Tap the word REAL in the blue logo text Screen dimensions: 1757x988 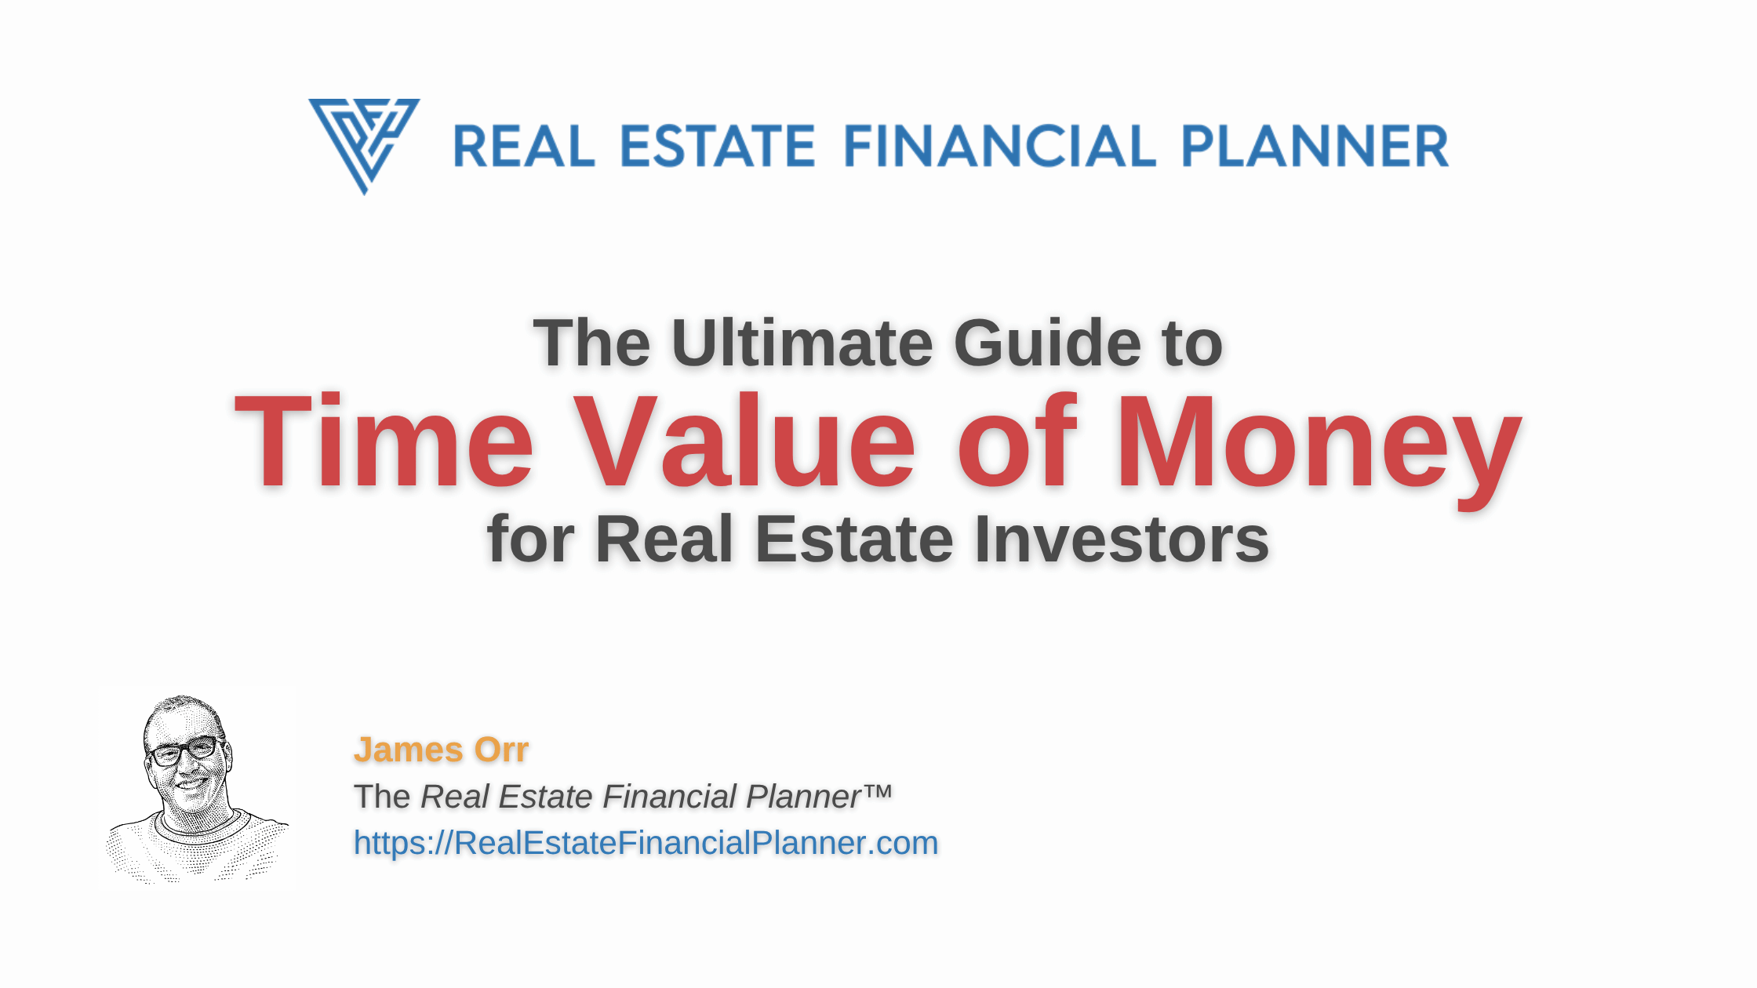pyautogui.click(x=524, y=146)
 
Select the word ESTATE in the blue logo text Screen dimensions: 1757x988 pyautogui.click(x=718, y=146)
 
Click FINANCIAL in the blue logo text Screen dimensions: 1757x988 pyautogui.click(x=1000, y=146)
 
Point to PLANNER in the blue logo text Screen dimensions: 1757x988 pyautogui.click(x=1315, y=146)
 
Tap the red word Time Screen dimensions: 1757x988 pyautogui.click(x=384, y=441)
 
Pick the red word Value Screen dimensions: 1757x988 pyautogui.click(x=744, y=441)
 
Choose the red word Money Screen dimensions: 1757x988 pyautogui.click(x=1318, y=450)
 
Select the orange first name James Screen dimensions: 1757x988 pyautogui.click(x=409, y=750)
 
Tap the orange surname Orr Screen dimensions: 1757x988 pyautogui.click(x=501, y=750)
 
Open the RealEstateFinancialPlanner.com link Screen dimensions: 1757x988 pyautogui.click(x=646, y=843)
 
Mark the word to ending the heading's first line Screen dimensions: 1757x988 pyautogui.click(x=1194, y=344)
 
